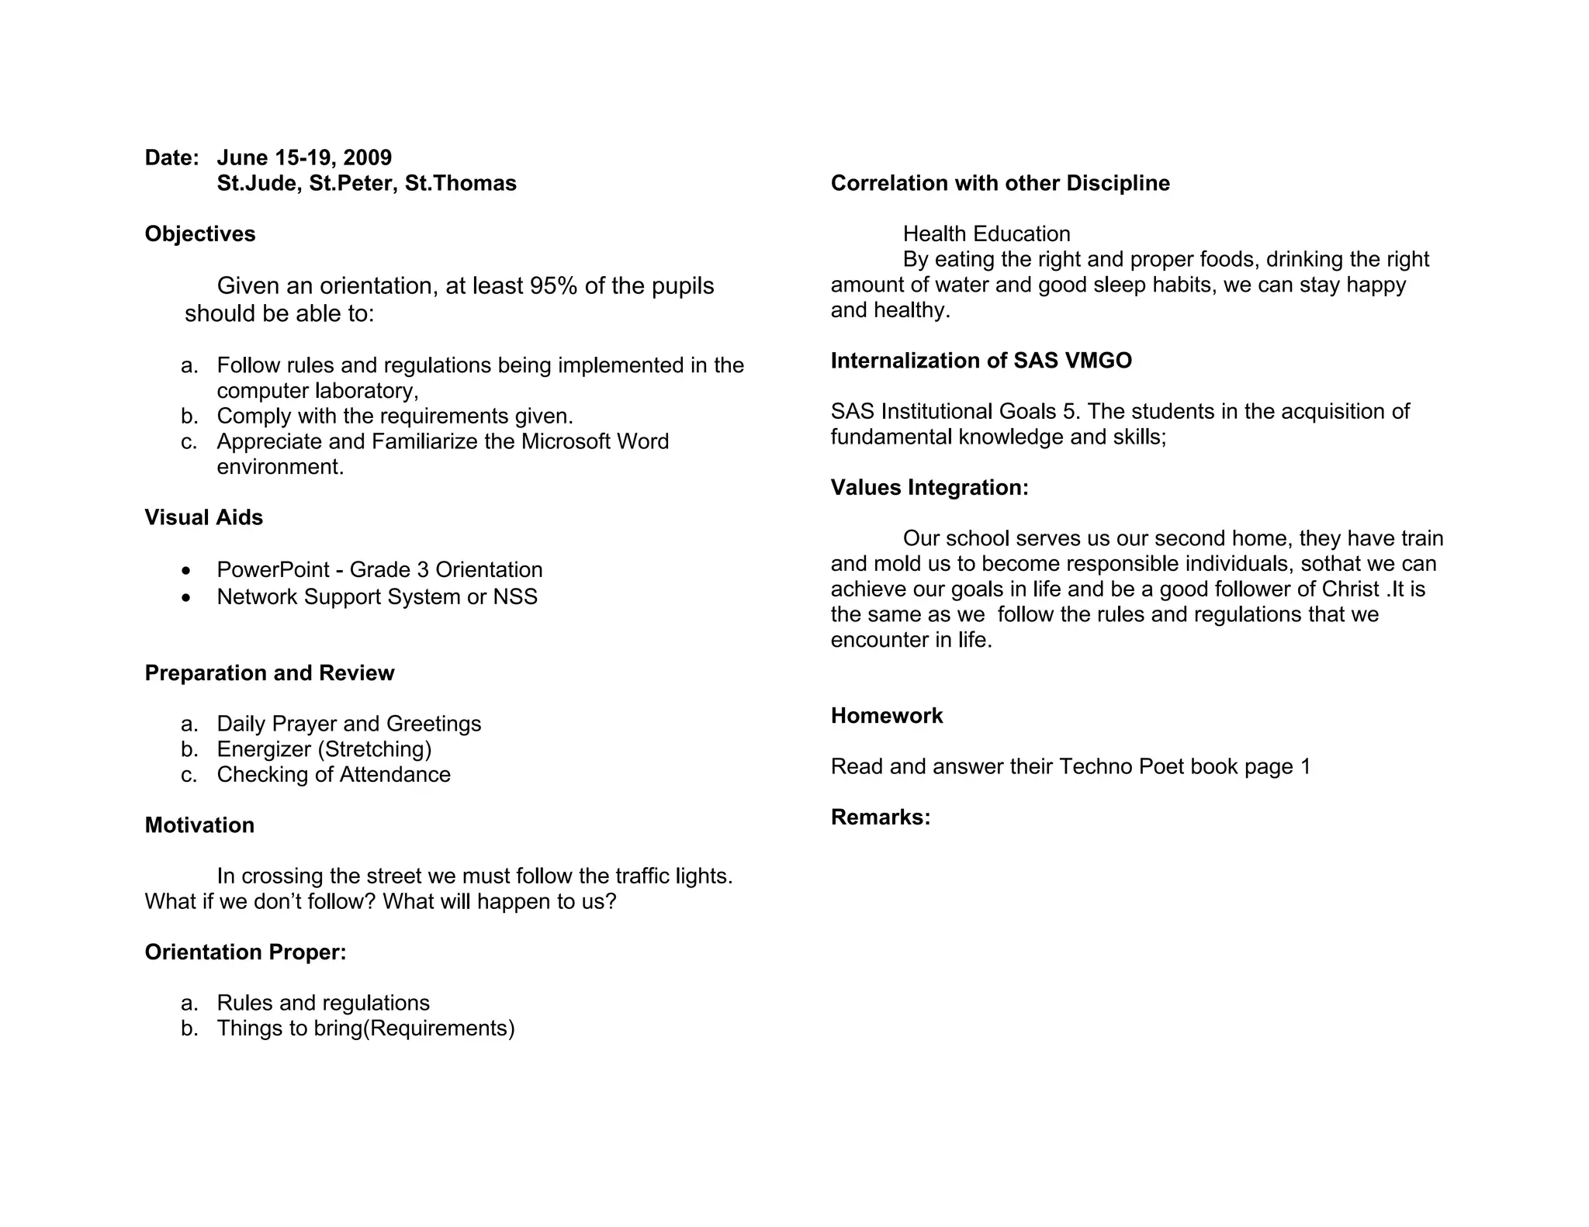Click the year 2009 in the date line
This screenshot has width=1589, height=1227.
tap(367, 157)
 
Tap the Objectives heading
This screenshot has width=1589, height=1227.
tap(200, 233)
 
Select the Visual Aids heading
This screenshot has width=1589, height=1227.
tap(204, 517)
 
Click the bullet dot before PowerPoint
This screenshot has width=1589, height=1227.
tap(185, 571)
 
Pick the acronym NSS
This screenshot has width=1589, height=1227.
tap(515, 596)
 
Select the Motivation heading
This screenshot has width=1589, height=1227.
tap(199, 824)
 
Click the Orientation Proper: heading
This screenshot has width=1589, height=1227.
tap(245, 952)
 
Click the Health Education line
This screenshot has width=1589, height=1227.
tap(986, 233)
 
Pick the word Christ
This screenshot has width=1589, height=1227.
tap(1350, 589)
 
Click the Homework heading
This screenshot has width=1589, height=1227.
tap(887, 715)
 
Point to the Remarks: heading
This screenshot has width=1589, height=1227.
tap(881, 817)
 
